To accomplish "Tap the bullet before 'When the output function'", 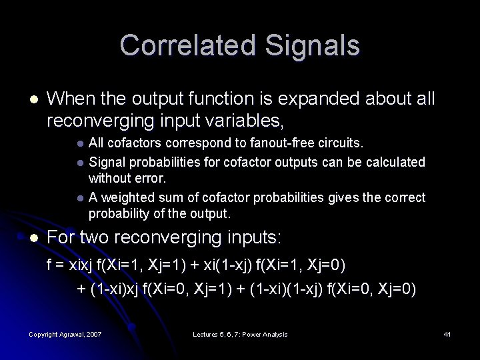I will pos(34,99).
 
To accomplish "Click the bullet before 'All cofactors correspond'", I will pos(80,143).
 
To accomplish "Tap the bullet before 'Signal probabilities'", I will pos(80,162).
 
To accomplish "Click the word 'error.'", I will pos(151,179).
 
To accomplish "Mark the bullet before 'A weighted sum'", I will pos(80,198).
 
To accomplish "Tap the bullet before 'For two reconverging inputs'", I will pos(34,238).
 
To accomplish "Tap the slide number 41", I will pos(447,334).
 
